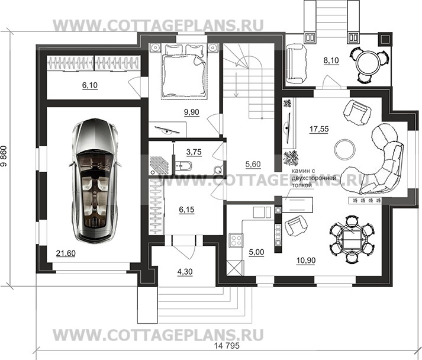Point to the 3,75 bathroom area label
pos(194,152)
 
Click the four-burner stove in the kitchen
pos(234,241)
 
